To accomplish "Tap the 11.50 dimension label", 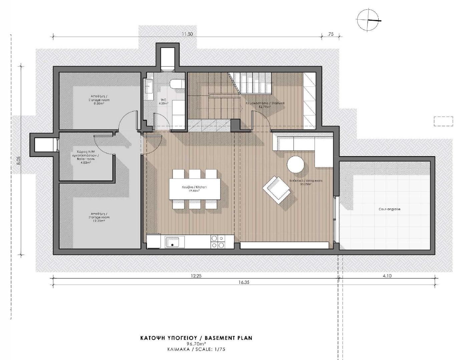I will pyautogui.click(x=187, y=34).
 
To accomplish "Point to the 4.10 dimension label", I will pyautogui.click(x=387, y=276).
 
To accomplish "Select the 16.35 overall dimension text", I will pyautogui.click(x=244, y=282).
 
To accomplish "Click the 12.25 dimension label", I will pyautogui.click(x=196, y=276).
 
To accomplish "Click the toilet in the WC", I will pyautogui.click(x=176, y=85).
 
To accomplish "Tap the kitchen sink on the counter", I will pyautogui.click(x=173, y=242).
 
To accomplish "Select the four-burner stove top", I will pyautogui.click(x=217, y=242).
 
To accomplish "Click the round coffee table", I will pyautogui.click(x=296, y=164).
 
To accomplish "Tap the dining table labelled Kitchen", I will pyautogui.click(x=194, y=189).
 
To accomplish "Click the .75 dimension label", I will pyautogui.click(x=330, y=34).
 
